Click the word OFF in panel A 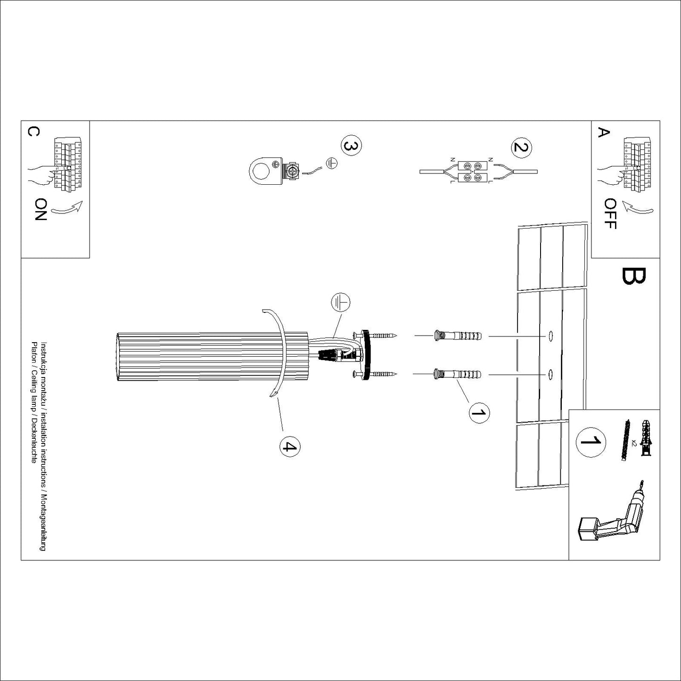pyautogui.click(x=610, y=214)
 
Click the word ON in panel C pyautogui.click(x=41, y=209)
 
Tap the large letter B pyautogui.click(x=633, y=276)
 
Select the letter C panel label pyautogui.click(x=33, y=131)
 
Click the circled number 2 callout pyautogui.click(x=521, y=147)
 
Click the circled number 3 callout pyautogui.click(x=351, y=146)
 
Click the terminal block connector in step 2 pyautogui.click(x=473, y=172)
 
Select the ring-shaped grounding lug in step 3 pyautogui.click(x=265, y=172)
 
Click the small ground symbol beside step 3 pyautogui.click(x=331, y=163)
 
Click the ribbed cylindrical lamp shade pyautogui.click(x=213, y=356)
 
